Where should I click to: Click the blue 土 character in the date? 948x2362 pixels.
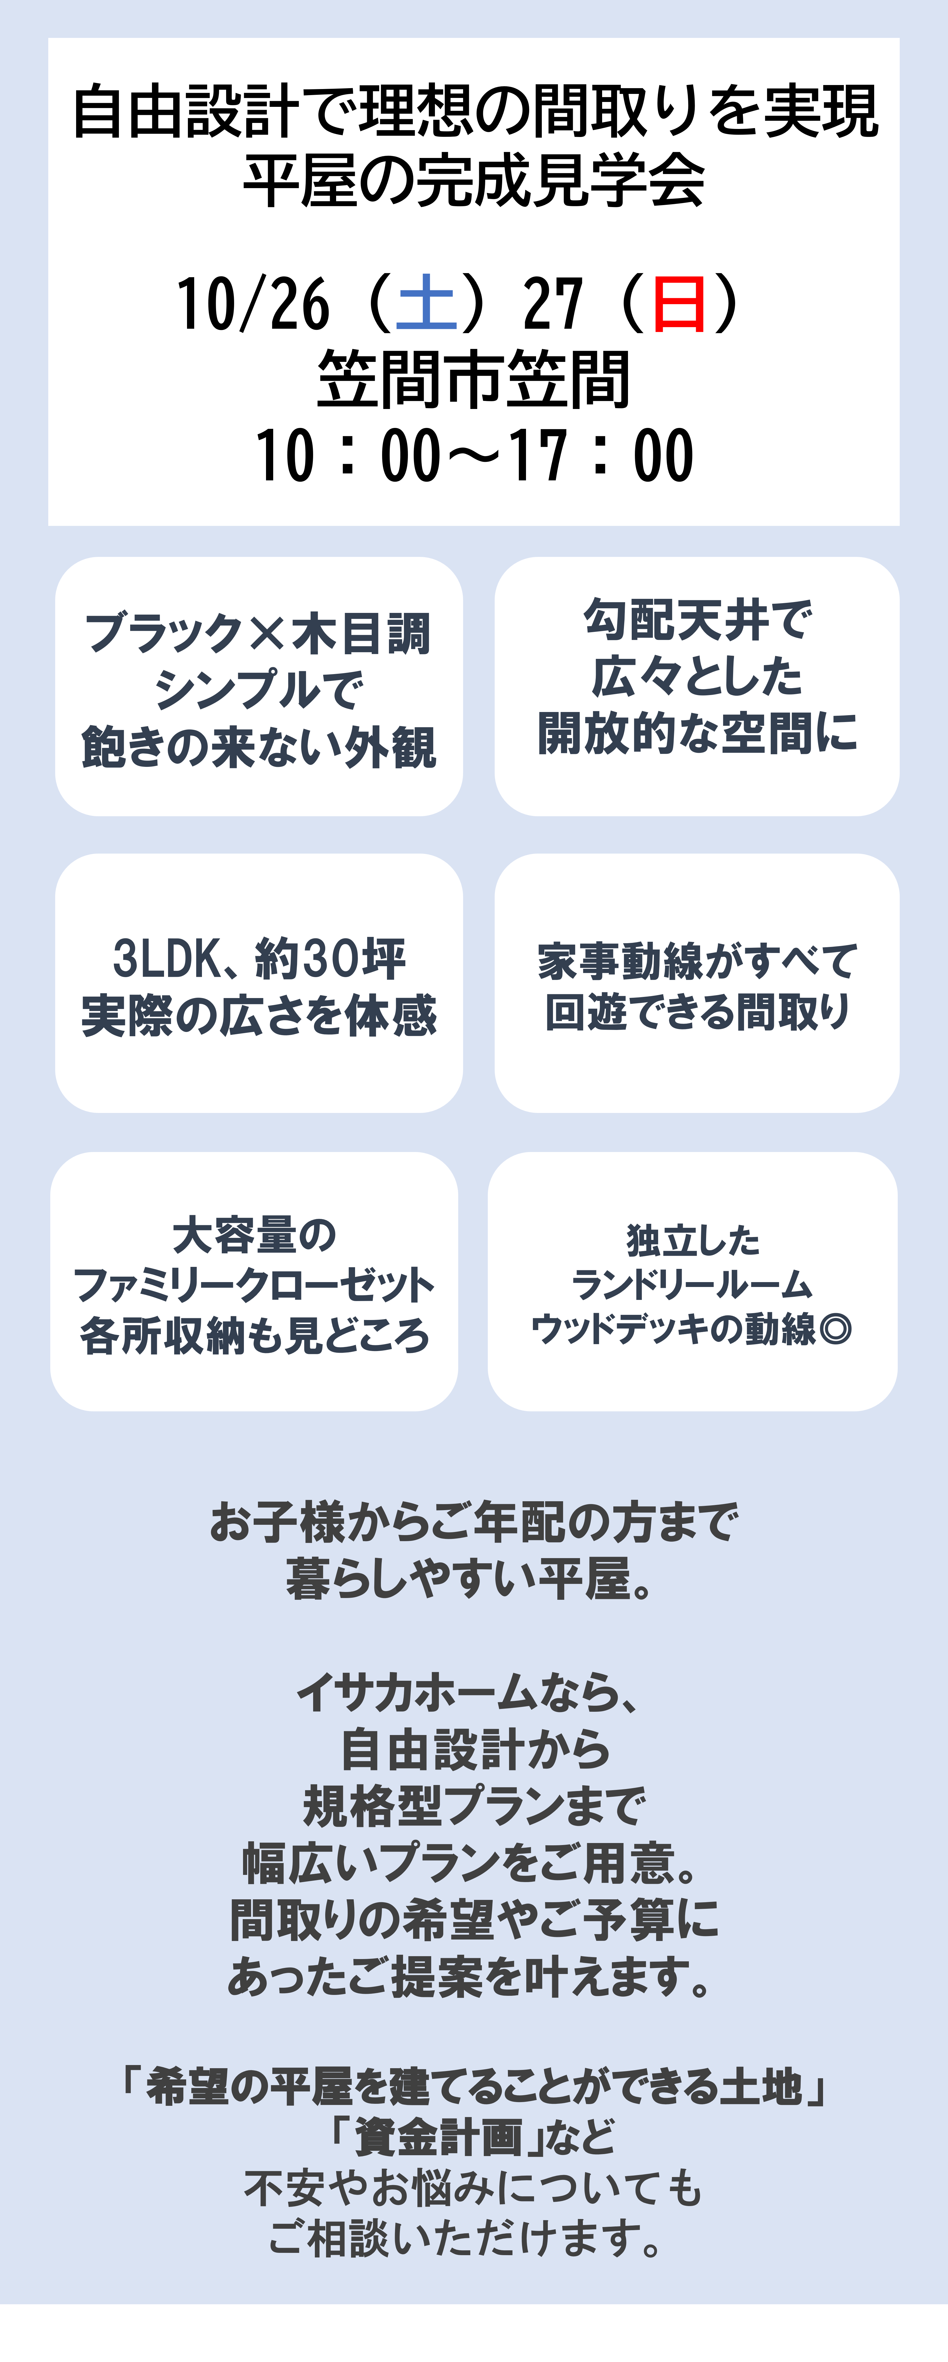[426, 304]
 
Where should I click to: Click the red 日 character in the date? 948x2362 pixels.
[679, 304]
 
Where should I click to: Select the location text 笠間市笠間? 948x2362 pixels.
[474, 379]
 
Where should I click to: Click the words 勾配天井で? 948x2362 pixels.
[698, 620]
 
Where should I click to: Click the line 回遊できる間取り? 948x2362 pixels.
[698, 1012]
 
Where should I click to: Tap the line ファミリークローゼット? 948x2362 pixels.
[254, 1285]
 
